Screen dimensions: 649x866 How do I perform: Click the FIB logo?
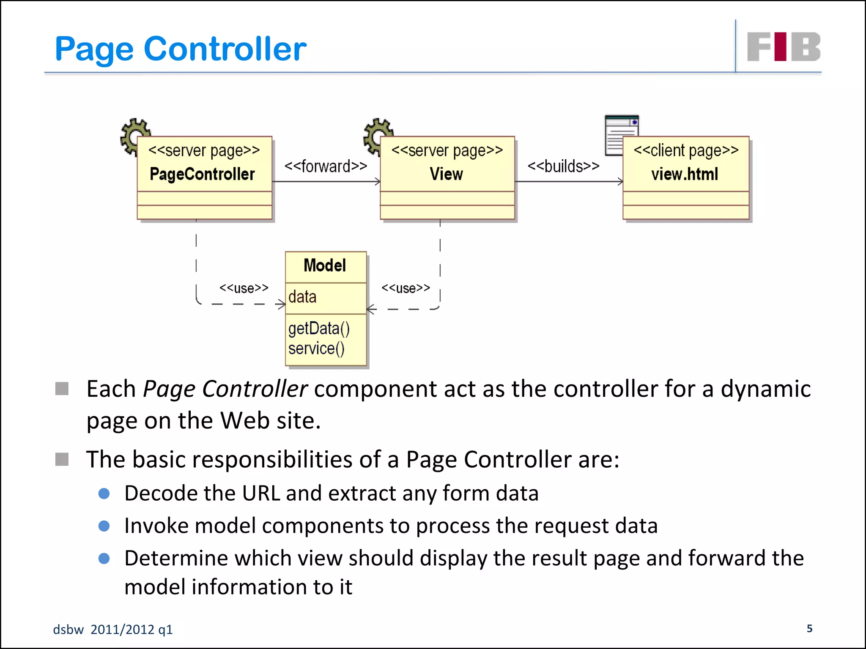[784, 47]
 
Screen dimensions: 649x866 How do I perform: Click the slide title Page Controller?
[181, 49]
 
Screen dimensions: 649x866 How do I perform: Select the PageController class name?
[202, 174]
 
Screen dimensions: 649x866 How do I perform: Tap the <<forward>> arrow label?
[326, 166]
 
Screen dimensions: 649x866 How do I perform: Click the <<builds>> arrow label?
[563, 166]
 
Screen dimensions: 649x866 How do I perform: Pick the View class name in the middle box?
[446, 174]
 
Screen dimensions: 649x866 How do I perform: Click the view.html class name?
[685, 174]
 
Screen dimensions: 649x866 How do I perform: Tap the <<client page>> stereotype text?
[686, 150]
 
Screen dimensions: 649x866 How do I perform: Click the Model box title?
[325, 266]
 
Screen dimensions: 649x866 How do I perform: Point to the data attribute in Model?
[302, 297]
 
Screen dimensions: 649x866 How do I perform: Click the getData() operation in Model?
[319, 328]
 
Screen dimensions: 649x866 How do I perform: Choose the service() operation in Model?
[316, 349]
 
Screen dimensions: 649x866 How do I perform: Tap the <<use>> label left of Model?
[244, 288]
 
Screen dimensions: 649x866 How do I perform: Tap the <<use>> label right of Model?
[406, 288]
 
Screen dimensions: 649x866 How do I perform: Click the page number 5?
[809, 628]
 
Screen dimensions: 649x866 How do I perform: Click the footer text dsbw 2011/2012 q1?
[113, 630]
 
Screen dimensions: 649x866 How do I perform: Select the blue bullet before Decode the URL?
[104, 494]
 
